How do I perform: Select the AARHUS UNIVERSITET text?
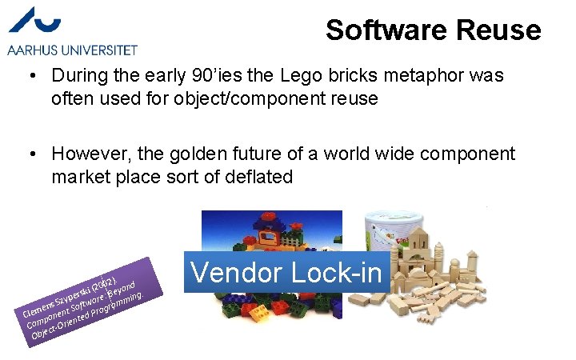[x=73, y=50]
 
